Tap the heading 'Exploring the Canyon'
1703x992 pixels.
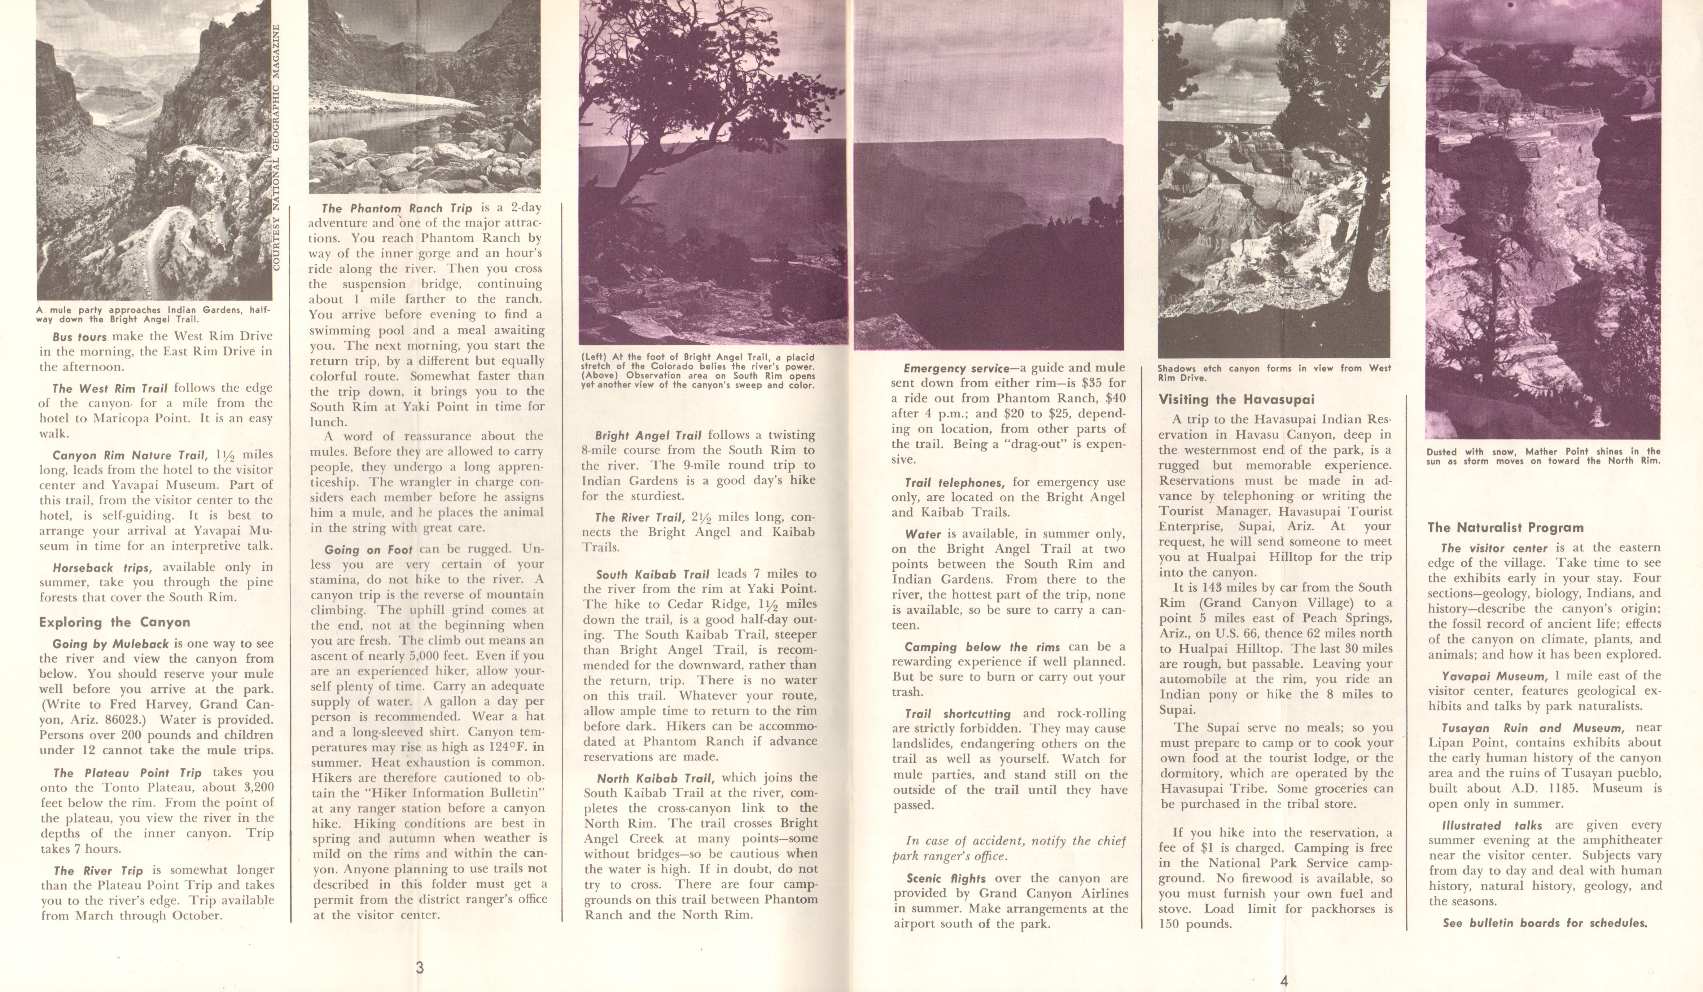[114, 622]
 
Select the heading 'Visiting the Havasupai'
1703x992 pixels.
[1236, 399]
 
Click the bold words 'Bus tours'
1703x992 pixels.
[80, 337]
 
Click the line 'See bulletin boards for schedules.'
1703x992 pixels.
[1544, 923]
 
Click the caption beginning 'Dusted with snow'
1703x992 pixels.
[1543, 456]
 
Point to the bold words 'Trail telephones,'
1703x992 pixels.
[955, 483]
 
